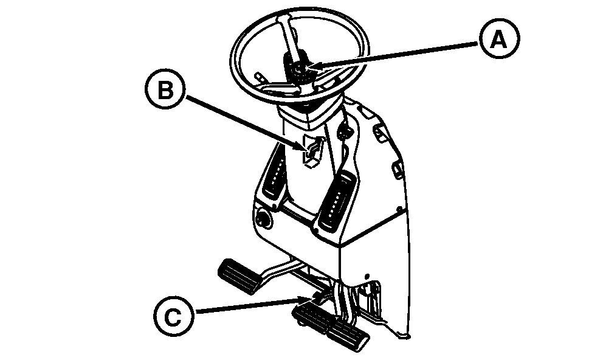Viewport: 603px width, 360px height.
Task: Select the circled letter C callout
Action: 172,316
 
